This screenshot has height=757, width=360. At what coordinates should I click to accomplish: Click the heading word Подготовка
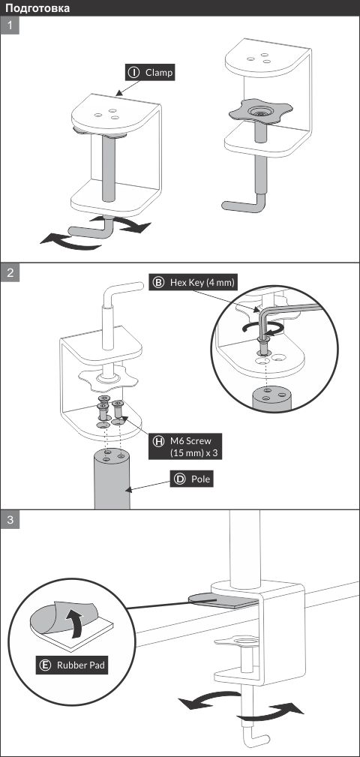pos(37,8)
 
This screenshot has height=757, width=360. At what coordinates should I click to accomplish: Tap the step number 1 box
pos(10,25)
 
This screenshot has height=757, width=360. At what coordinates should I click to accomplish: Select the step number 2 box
pos(10,273)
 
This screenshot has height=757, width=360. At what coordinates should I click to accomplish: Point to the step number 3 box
pos(10,520)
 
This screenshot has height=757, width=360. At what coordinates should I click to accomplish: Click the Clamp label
pos(150,73)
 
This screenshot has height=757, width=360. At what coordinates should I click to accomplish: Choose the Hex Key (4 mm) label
pos(193,282)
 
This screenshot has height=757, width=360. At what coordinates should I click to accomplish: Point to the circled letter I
pos(133,73)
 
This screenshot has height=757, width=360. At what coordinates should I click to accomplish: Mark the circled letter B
pos(157,282)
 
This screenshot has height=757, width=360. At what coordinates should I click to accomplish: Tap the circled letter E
pos(46,665)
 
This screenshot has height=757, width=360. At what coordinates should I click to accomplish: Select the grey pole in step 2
pos(112,478)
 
